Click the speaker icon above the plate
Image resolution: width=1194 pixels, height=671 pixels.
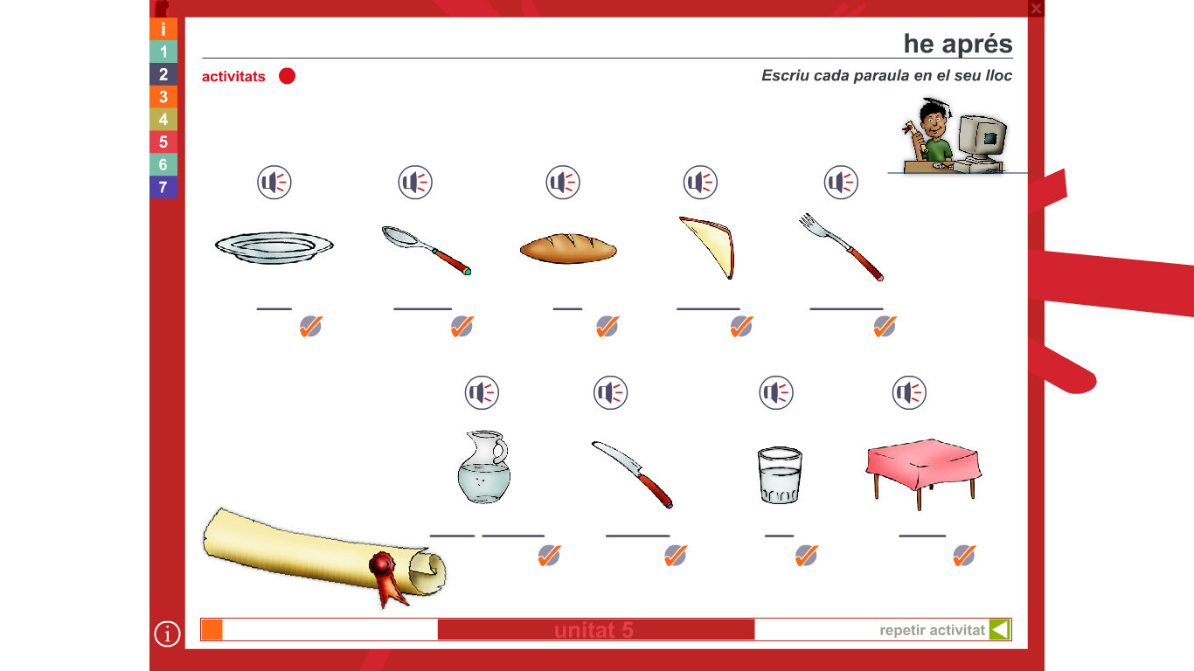click(274, 183)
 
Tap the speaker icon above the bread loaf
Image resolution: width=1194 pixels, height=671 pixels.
click(562, 183)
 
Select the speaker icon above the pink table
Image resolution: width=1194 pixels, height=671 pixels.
click(909, 393)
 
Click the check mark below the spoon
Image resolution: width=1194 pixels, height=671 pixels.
click(462, 326)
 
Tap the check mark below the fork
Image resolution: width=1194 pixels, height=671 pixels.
click(885, 326)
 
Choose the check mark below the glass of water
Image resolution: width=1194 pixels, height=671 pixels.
click(806, 556)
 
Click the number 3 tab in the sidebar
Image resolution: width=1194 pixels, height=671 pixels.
click(163, 97)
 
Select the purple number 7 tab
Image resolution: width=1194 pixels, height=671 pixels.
click(163, 187)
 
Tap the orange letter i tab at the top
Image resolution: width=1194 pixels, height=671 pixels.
click(163, 29)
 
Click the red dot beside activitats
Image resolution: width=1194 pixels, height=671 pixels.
click(287, 76)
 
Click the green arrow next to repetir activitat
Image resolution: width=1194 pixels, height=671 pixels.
click(999, 629)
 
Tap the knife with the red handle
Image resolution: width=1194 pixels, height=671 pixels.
click(632, 474)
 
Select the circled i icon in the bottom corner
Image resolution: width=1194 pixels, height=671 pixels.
click(167, 633)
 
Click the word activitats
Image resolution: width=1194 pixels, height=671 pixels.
click(233, 76)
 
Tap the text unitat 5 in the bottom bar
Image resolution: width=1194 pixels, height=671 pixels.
click(594, 630)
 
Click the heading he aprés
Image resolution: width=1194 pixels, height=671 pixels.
click(958, 44)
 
